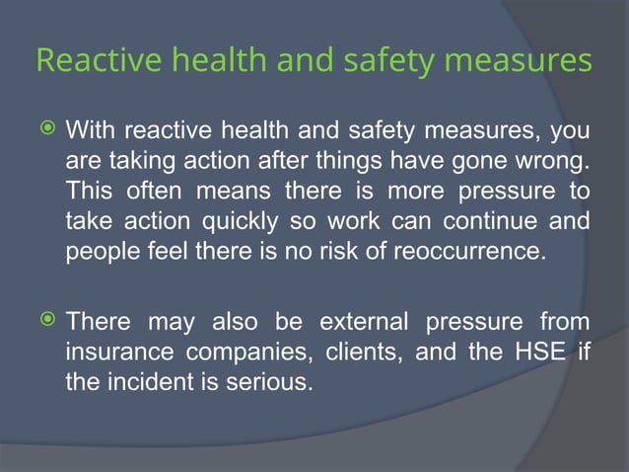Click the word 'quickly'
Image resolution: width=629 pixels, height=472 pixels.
click(x=242, y=220)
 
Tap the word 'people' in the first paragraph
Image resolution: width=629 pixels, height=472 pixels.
click(x=98, y=251)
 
